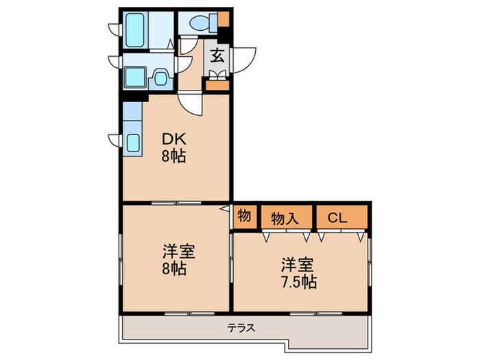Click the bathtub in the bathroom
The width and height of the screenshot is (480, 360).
135,28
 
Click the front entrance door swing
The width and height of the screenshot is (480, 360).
244,59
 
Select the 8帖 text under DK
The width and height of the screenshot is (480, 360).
174,156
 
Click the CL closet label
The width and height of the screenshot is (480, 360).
337,219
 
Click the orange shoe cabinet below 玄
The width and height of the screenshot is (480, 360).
217,86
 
